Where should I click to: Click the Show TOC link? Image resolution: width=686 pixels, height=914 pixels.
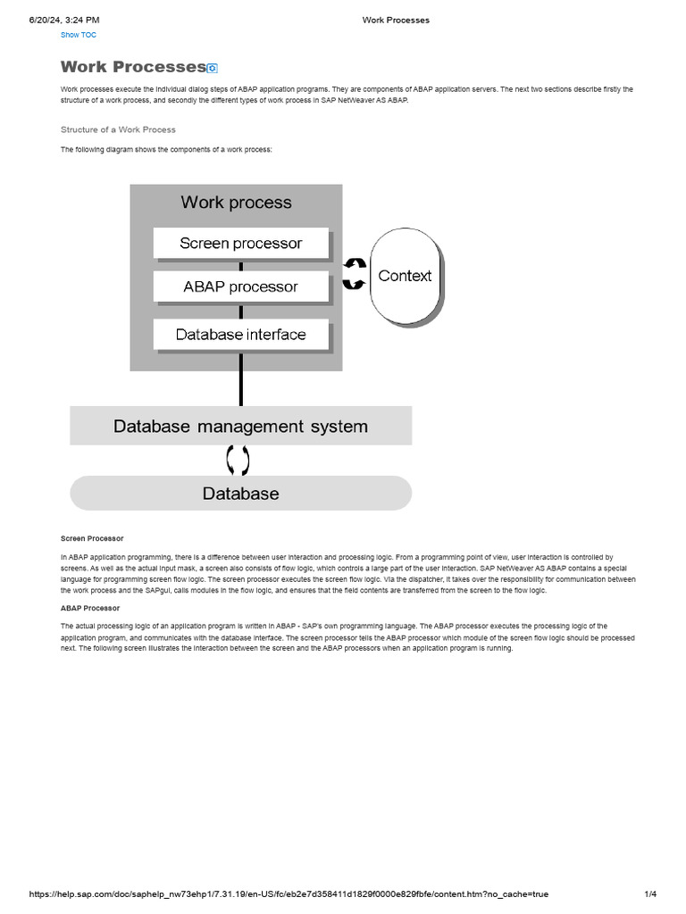tap(78, 35)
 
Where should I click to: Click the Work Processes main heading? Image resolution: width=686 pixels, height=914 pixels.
tap(133, 67)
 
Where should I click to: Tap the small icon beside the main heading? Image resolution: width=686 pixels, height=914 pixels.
tap(212, 68)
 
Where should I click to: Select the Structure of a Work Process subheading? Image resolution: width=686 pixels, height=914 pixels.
tap(118, 129)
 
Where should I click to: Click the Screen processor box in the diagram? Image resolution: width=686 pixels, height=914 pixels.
tap(240, 243)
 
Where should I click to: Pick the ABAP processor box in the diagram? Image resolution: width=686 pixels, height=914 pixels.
tap(240, 287)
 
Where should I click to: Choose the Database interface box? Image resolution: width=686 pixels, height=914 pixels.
tap(240, 335)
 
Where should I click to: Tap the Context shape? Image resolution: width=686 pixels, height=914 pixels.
tap(405, 276)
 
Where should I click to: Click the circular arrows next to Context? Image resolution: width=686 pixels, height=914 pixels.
tap(355, 274)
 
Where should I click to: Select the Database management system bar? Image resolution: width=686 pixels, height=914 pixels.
tap(240, 426)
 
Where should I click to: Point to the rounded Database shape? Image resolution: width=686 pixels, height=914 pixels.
tap(240, 493)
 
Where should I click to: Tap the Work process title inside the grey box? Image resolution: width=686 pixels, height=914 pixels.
tap(236, 203)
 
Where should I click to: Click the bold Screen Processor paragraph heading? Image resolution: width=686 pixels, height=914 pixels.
tap(92, 538)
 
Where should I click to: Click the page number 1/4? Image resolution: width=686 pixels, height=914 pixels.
tap(650, 893)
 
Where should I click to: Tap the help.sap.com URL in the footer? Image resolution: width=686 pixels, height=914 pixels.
tap(289, 893)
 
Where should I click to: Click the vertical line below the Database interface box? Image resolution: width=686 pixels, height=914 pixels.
tap(240, 379)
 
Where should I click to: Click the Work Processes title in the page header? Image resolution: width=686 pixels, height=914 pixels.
tap(396, 20)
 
